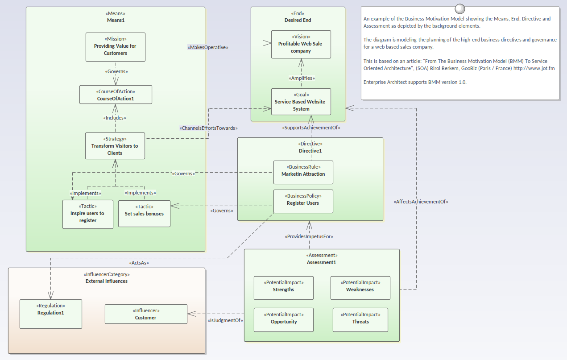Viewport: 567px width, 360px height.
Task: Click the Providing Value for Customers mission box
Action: pyautogui.click(x=116, y=47)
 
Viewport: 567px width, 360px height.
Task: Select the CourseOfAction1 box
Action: pyautogui.click(x=116, y=95)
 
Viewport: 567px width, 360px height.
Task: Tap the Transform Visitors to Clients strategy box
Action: pyautogui.click(x=115, y=146)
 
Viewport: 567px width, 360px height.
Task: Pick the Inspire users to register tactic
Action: pyautogui.click(x=88, y=214)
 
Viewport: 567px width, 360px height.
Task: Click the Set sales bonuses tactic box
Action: pyautogui.click(x=144, y=214)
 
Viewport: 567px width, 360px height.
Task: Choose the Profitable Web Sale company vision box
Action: pyautogui.click(x=301, y=44)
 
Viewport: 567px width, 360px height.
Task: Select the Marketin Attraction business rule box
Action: pyautogui.click(x=303, y=172)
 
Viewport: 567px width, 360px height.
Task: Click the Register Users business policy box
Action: pyautogui.click(x=303, y=202)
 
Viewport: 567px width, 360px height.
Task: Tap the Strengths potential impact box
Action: pyautogui.click(x=284, y=288)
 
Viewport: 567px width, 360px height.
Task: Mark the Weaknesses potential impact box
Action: pyautogui.click(x=360, y=288)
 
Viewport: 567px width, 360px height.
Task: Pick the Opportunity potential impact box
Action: pyautogui.click(x=284, y=320)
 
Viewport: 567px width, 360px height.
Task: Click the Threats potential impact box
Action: pyautogui.click(x=360, y=320)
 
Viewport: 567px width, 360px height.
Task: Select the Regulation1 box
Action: pyautogui.click(x=51, y=314)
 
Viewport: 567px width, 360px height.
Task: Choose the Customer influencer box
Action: pyautogui.click(x=146, y=314)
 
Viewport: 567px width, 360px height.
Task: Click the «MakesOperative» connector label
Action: pyautogui.click(x=208, y=47)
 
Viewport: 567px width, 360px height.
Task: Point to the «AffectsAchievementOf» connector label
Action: pyautogui.click(x=421, y=202)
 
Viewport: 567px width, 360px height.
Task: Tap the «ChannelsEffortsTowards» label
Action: pyautogui.click(x=209, y=128)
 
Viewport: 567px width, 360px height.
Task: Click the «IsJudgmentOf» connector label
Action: pyautogui.click(x=224, y=320)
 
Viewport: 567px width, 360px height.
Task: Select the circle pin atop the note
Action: pyautogui.click(x=459, y=8)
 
